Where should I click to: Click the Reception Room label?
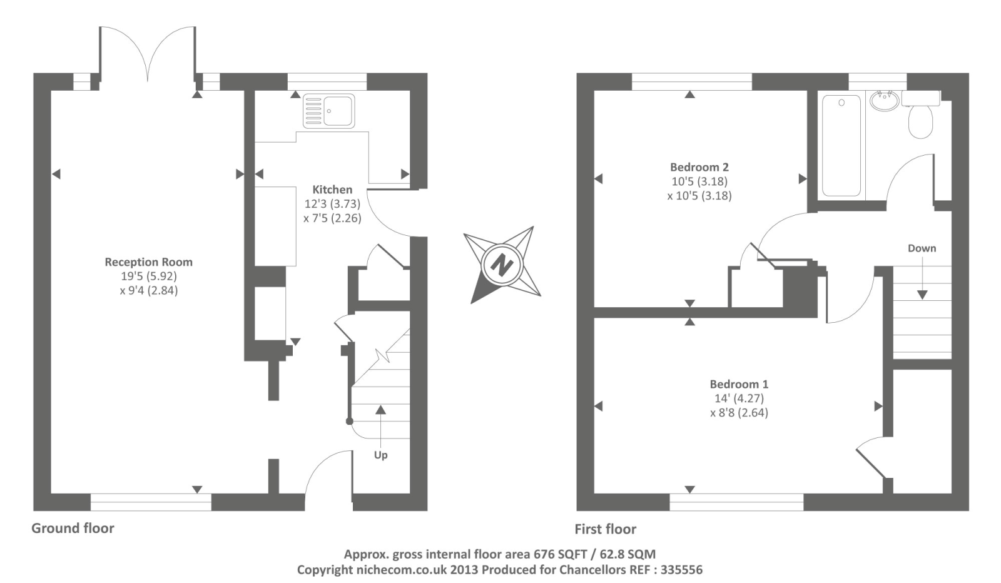148,262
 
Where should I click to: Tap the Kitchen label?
332,190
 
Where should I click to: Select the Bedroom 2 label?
699,167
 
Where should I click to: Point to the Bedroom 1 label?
739,384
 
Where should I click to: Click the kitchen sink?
328,111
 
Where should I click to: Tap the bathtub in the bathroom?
841,145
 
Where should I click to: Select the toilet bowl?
920,121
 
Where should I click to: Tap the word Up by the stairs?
380,455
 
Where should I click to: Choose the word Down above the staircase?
922,248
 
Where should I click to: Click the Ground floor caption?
73,528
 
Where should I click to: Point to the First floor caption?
605,529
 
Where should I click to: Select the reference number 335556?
681,569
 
